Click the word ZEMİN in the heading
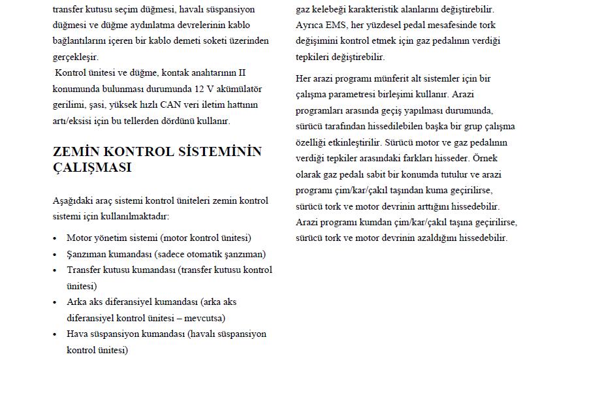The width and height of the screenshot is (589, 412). tap(74, 151)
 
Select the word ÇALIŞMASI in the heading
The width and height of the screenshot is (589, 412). tap(92, 168)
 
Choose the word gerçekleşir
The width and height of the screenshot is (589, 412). tap(75, 57)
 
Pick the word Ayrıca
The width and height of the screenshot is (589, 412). tap(310, 25)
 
